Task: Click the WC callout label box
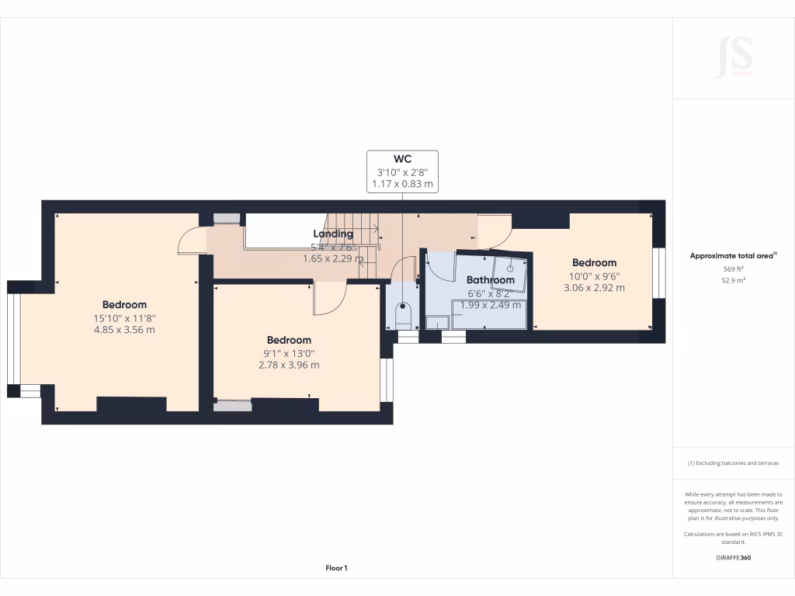point(402,172)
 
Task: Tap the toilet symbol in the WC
point(402,314)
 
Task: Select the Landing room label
point(333,234)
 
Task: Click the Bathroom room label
point(490,279)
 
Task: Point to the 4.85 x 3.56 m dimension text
point(124,330)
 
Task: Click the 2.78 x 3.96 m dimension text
point(289,365)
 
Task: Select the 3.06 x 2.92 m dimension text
point(594,288)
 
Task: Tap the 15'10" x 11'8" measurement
point(124,317)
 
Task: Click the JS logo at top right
point(733,57)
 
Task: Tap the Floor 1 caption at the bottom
point(336,568)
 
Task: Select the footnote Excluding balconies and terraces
point(733,463)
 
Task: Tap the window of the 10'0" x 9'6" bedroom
point(659,272)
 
